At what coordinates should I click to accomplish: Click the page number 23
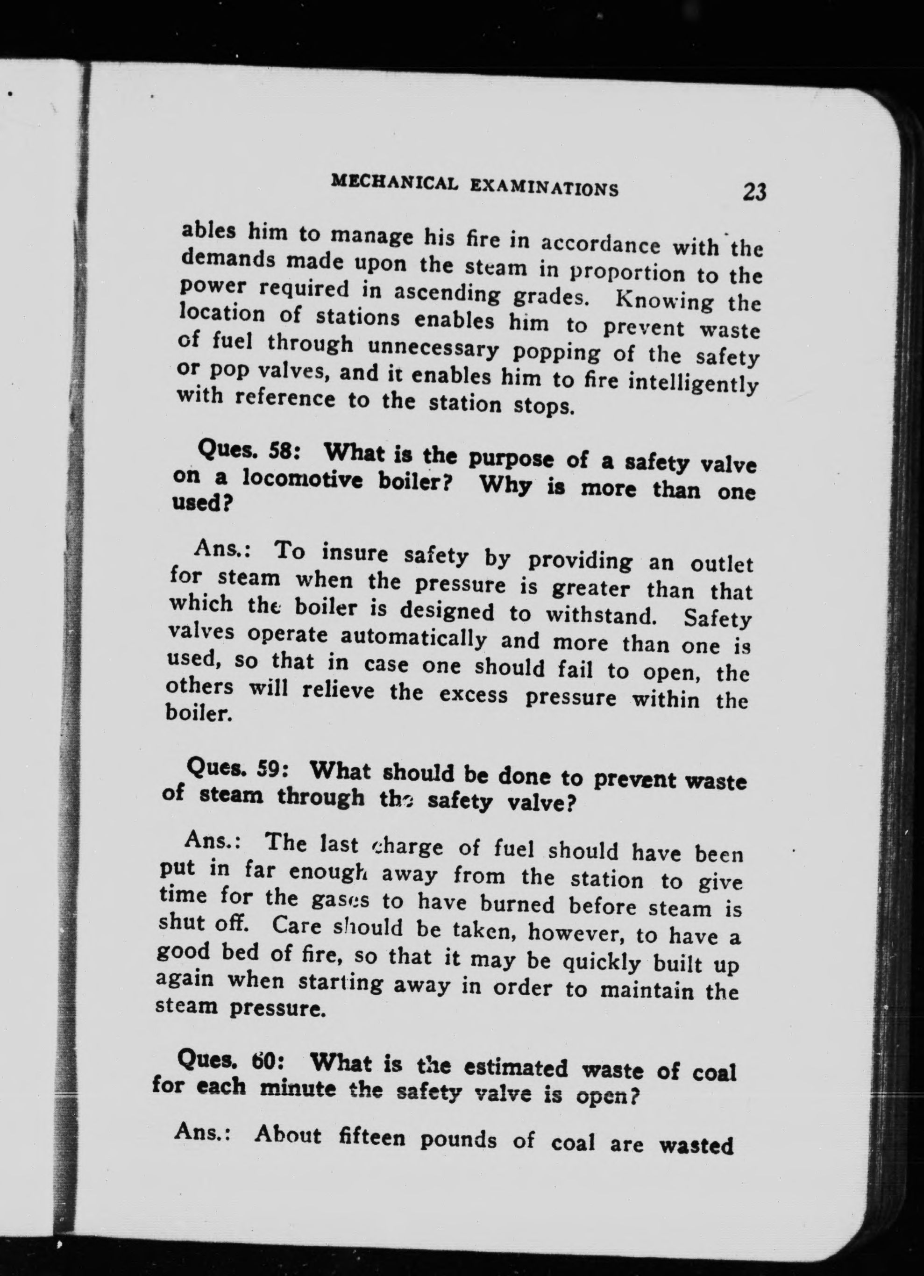(x=754, y=192)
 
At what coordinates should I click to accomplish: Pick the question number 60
(x=263, y=1062)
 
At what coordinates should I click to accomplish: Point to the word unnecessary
(x=434, y=350)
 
